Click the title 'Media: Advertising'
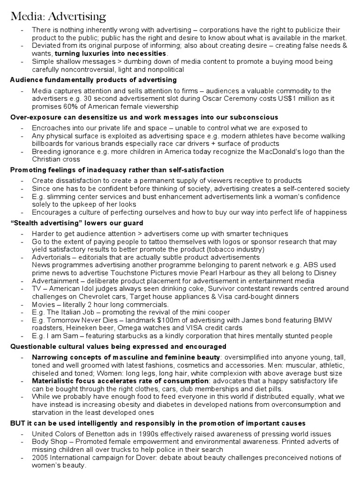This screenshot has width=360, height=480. point(59,17)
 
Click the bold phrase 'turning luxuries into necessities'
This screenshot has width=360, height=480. point(111,53)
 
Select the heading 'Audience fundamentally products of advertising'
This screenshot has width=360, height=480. point(93,80)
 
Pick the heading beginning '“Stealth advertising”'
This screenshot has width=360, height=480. point(76,223)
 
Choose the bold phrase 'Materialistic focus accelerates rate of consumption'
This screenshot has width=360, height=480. point(120,381)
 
